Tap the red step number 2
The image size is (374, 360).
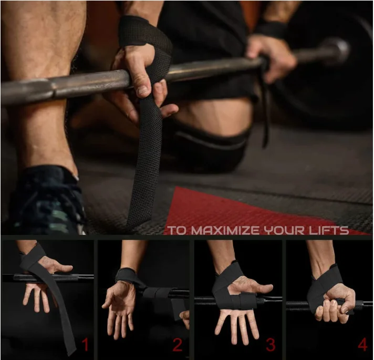pyautogui.click(x=178, y=345)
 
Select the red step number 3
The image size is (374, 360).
pyautogui.click(x=271, y=345)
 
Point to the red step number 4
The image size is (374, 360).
pyautogui.click(x=362, y=345)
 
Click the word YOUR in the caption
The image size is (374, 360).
pyautogui.click(x=279, y=230)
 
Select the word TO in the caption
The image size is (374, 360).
pyautogui.click(x=175, y=230)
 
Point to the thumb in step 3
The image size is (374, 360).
pyautogui.click(x=257, y=286)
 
